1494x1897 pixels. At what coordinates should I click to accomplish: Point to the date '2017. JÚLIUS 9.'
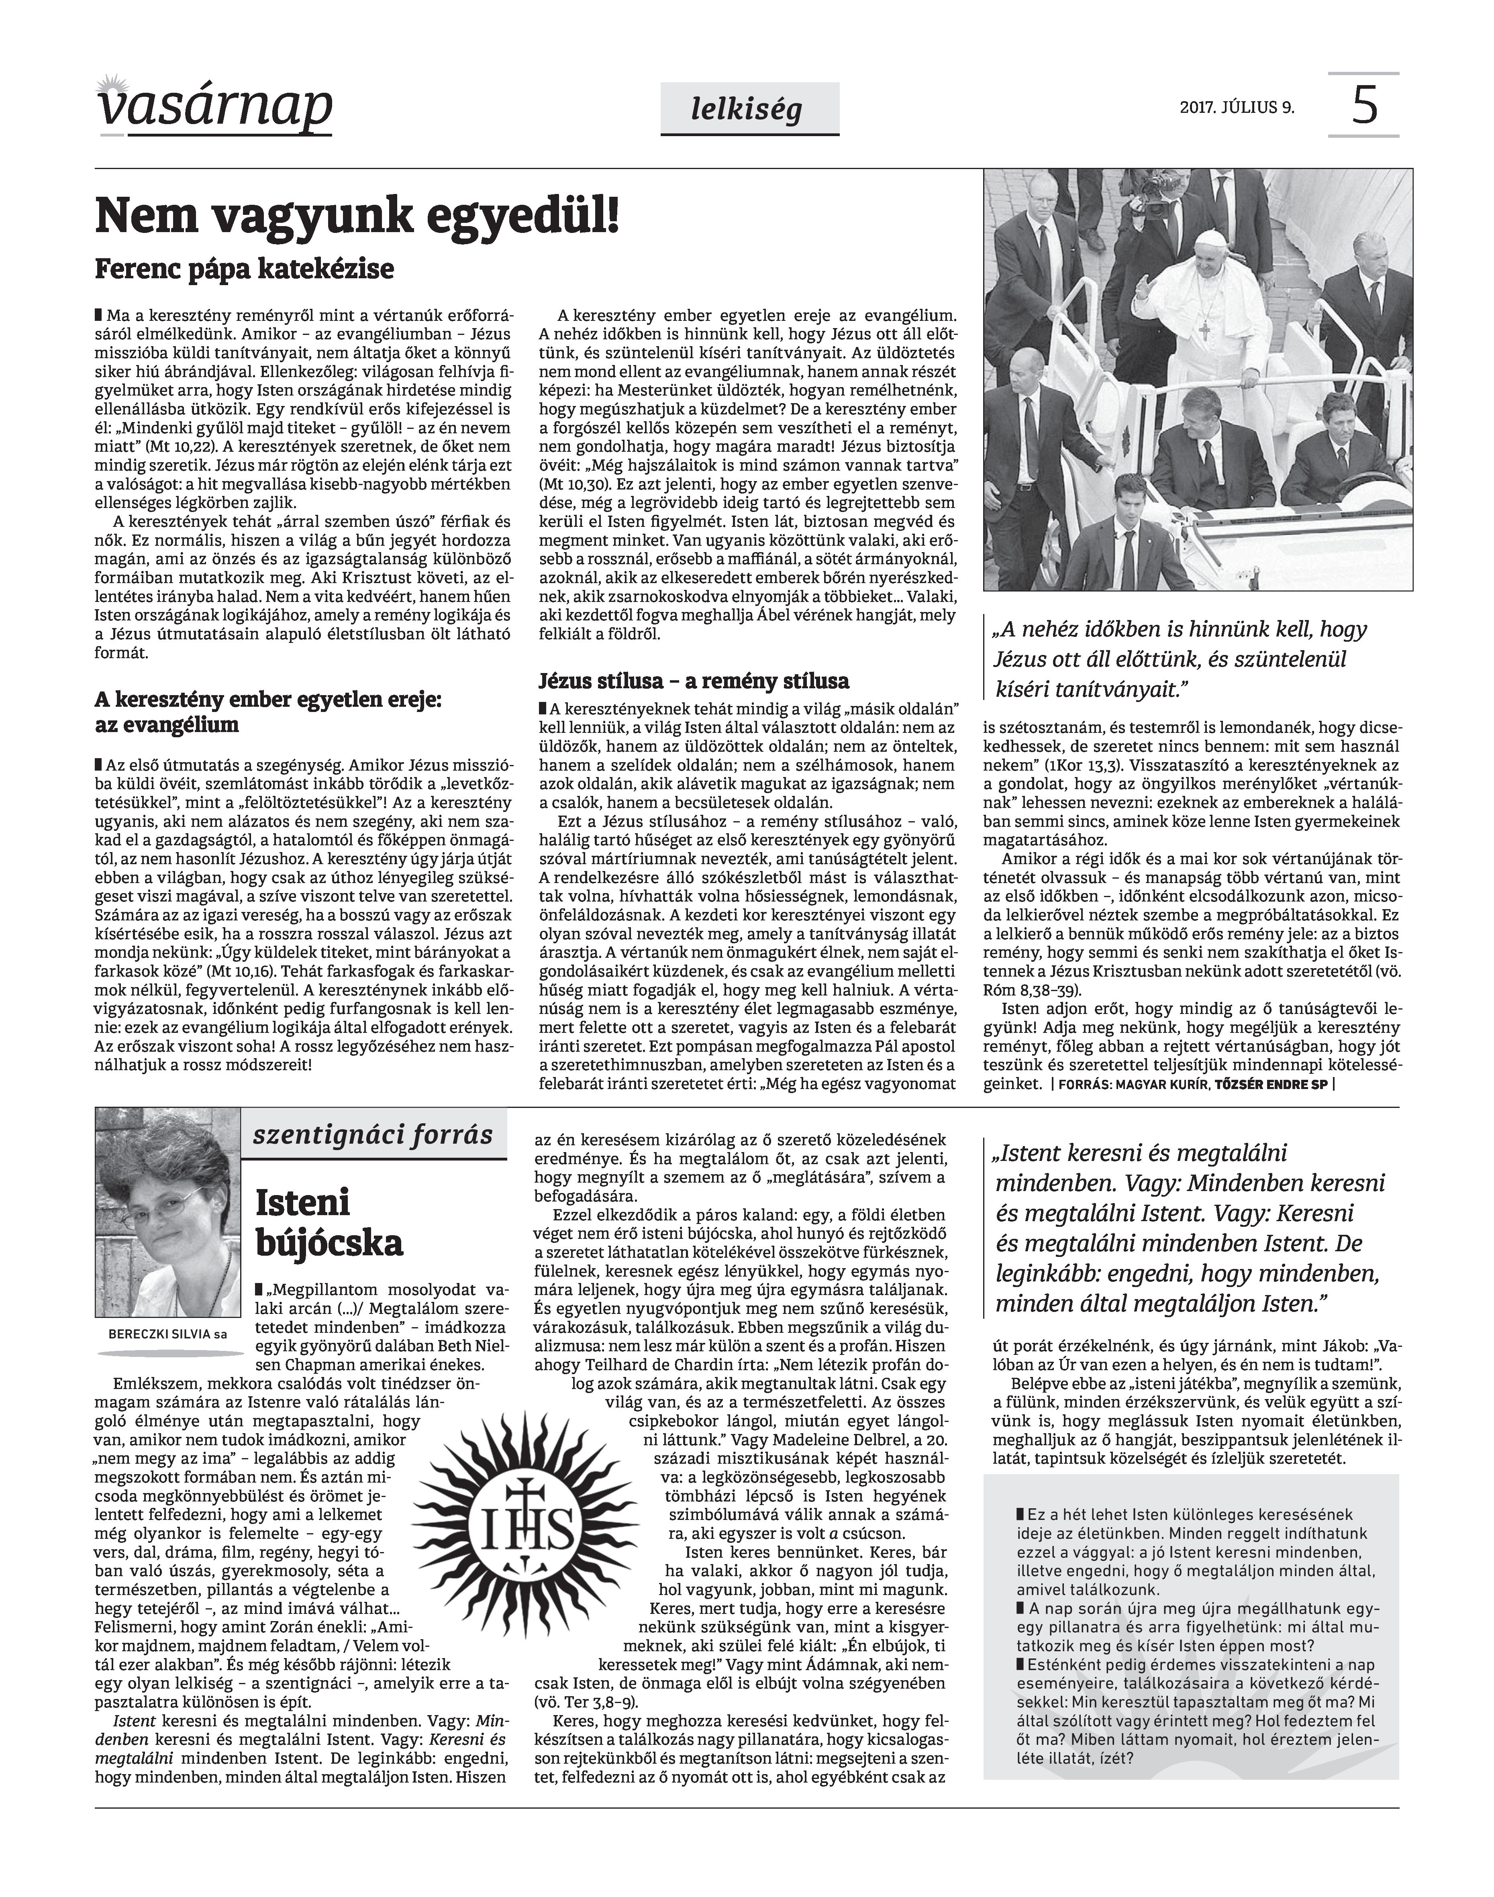[x=1237, y=108]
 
